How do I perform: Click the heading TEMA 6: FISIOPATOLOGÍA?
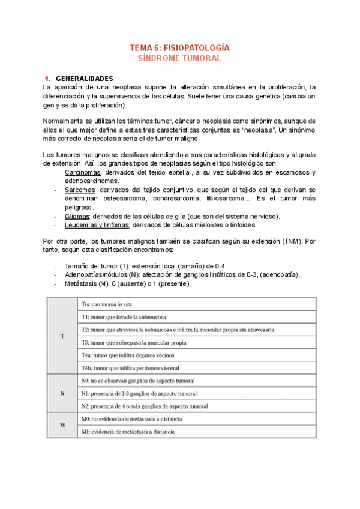(x=180, y=47)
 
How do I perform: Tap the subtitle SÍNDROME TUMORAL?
(x=180, y=58)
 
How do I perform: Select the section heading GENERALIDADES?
(x=89, y=79)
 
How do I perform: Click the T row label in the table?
(x=62, y=336)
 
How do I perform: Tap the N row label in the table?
(x=62, y=394)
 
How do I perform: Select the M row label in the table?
(x=62, y=425)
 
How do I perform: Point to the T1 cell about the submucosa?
(x=124, y=316)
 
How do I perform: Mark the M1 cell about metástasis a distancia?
(x=132, y=432)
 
